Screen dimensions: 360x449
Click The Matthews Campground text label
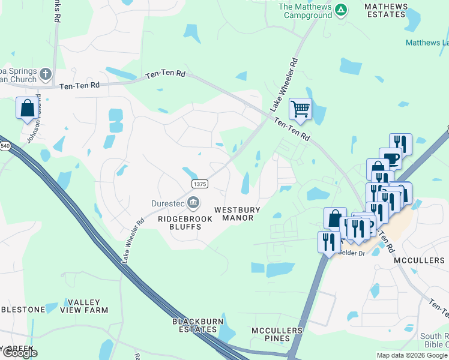[x=306, y=10]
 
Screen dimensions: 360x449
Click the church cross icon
[x=45, y=75]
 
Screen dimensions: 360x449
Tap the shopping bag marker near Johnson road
[x=27, y=109]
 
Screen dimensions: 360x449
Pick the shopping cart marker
[x=300, y=110]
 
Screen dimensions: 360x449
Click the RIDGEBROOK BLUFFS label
[x=185, y=223]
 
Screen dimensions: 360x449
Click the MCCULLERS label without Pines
[x=419, y=261]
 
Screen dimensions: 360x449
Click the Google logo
[x=19, y=353]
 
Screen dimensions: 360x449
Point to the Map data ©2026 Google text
[x=412, y=355]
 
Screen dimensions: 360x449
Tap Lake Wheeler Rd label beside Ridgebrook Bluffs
[x=133, y=239]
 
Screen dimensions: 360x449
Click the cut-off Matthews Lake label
[x=427, y=43]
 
